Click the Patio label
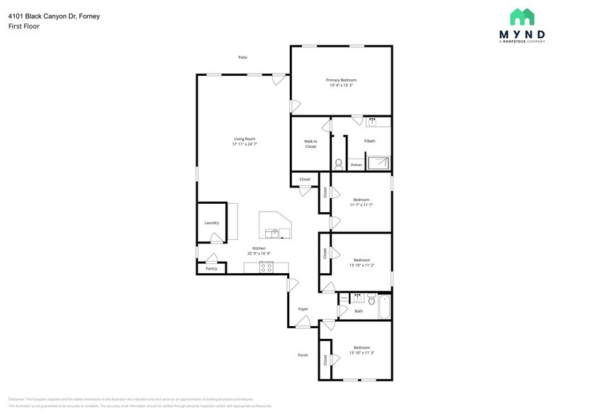(x=242, y=57)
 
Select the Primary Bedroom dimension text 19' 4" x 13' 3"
(x=341, y=86)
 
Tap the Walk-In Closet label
(x=310, y=144)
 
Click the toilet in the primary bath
(x=338, y=164)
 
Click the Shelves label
(x=356, y=165)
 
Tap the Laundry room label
(x=211, y=223)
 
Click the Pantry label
(x=211, y=269)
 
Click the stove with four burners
(x=267, y=267)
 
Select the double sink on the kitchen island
(x=271, y=233)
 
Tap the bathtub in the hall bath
(x=384, y=308)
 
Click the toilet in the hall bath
(x=371, y=300)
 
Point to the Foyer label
(x=303, y=309)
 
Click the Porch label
(x=303, y=355)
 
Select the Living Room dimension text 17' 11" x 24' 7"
(x=244, y=144)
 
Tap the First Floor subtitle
(x=23, y=26)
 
